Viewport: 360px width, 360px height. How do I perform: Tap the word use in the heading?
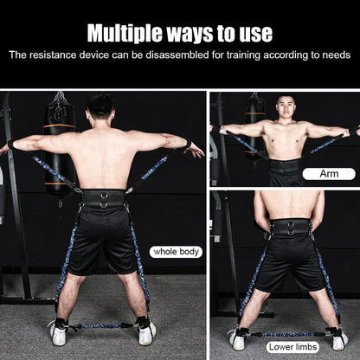point(254,33)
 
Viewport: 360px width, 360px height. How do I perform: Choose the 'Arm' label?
point(328,173)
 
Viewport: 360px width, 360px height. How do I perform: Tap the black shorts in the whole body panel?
point(103,238)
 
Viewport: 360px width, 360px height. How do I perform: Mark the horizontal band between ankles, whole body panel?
point(101,326)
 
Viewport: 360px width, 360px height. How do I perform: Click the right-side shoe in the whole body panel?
point(146,331)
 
